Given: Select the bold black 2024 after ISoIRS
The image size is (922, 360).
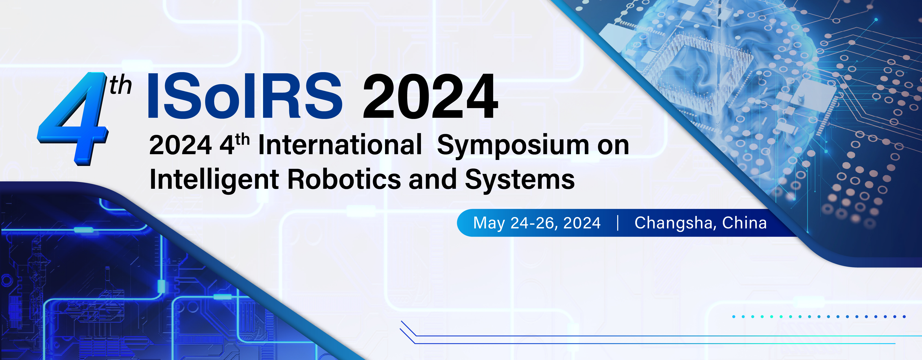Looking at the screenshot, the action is [x=430, y=96].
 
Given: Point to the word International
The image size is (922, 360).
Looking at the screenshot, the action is [x=340, y=145].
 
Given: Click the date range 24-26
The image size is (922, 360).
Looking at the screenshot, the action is [x=534, y=223].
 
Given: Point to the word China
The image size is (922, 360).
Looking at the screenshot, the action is [x=745, y=223].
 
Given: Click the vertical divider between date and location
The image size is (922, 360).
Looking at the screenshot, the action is [x=618, y=223].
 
